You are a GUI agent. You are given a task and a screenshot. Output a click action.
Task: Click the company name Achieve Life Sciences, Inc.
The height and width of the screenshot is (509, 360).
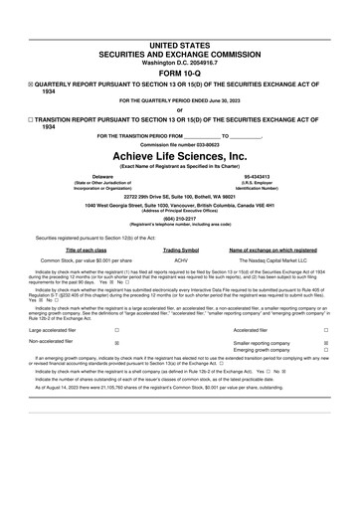[x=179, y=156]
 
